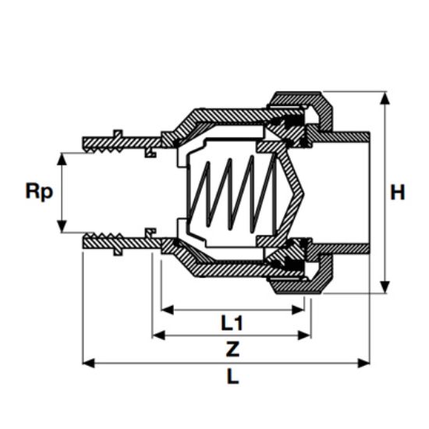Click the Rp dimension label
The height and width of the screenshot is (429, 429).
pos(39,192)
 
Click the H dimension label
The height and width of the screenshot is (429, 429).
pos(397,193)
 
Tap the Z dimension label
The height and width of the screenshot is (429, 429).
pos(232,349)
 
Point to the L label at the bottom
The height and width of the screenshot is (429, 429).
pos(233,377)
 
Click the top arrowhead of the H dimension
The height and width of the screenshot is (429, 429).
pos(385,98)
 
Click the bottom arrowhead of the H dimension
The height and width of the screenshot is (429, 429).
pos(385,286)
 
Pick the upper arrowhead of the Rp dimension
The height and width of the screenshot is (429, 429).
pos(62,159)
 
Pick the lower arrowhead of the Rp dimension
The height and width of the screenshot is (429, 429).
pos(62,226)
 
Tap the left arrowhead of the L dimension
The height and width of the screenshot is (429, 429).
pos(89,363)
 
